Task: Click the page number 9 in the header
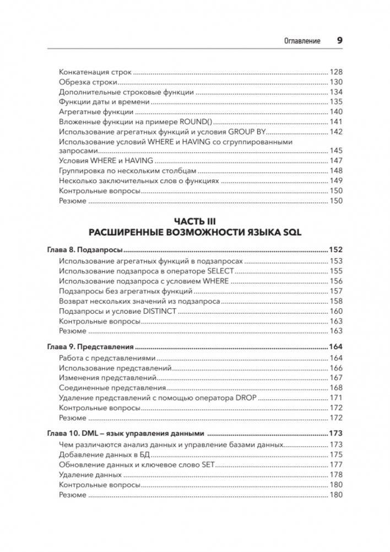[x=339, y=40]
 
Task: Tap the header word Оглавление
[x=302, y=41]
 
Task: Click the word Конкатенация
[x=84, y=72]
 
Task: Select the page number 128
[x=336, y=72]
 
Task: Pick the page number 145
[x=336, y=151]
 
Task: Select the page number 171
[x=336, y=398]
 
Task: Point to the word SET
[x=207, y=464]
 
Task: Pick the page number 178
[x=336, y=475]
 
